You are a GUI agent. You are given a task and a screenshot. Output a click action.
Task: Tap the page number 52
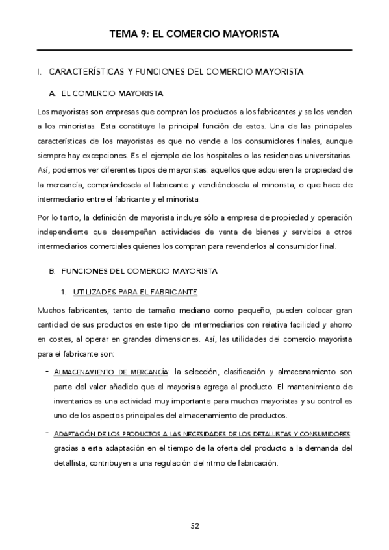point(195,525)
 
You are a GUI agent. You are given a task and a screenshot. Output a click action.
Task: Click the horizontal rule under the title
point(195,50)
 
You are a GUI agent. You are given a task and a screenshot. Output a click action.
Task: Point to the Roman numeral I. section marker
point(40,71)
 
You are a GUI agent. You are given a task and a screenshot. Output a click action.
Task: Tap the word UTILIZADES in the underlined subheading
point(94,291)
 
